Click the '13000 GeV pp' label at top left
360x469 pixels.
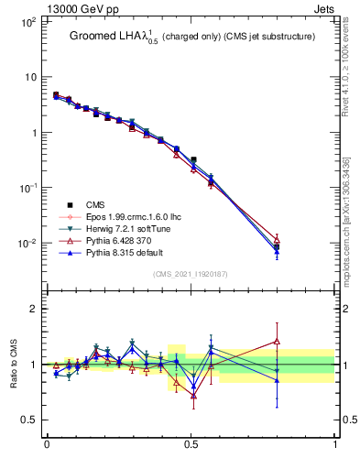pyautogui.click(x=85, y=8)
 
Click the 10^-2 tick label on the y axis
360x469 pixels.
pyautogui.click(x=27, y=243)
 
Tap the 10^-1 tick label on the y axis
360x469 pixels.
pyautogui.click(x=27, y=188)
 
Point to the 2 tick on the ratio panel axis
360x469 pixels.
pyautogui.click(x=34, y=309)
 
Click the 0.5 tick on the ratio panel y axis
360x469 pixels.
pyautogui.click(x=28, y=420)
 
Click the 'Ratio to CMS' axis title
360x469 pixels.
pyautogui.click(x=13, y=365)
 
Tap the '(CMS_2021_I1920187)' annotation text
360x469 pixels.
pyautogui.click(x=191, y=274)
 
